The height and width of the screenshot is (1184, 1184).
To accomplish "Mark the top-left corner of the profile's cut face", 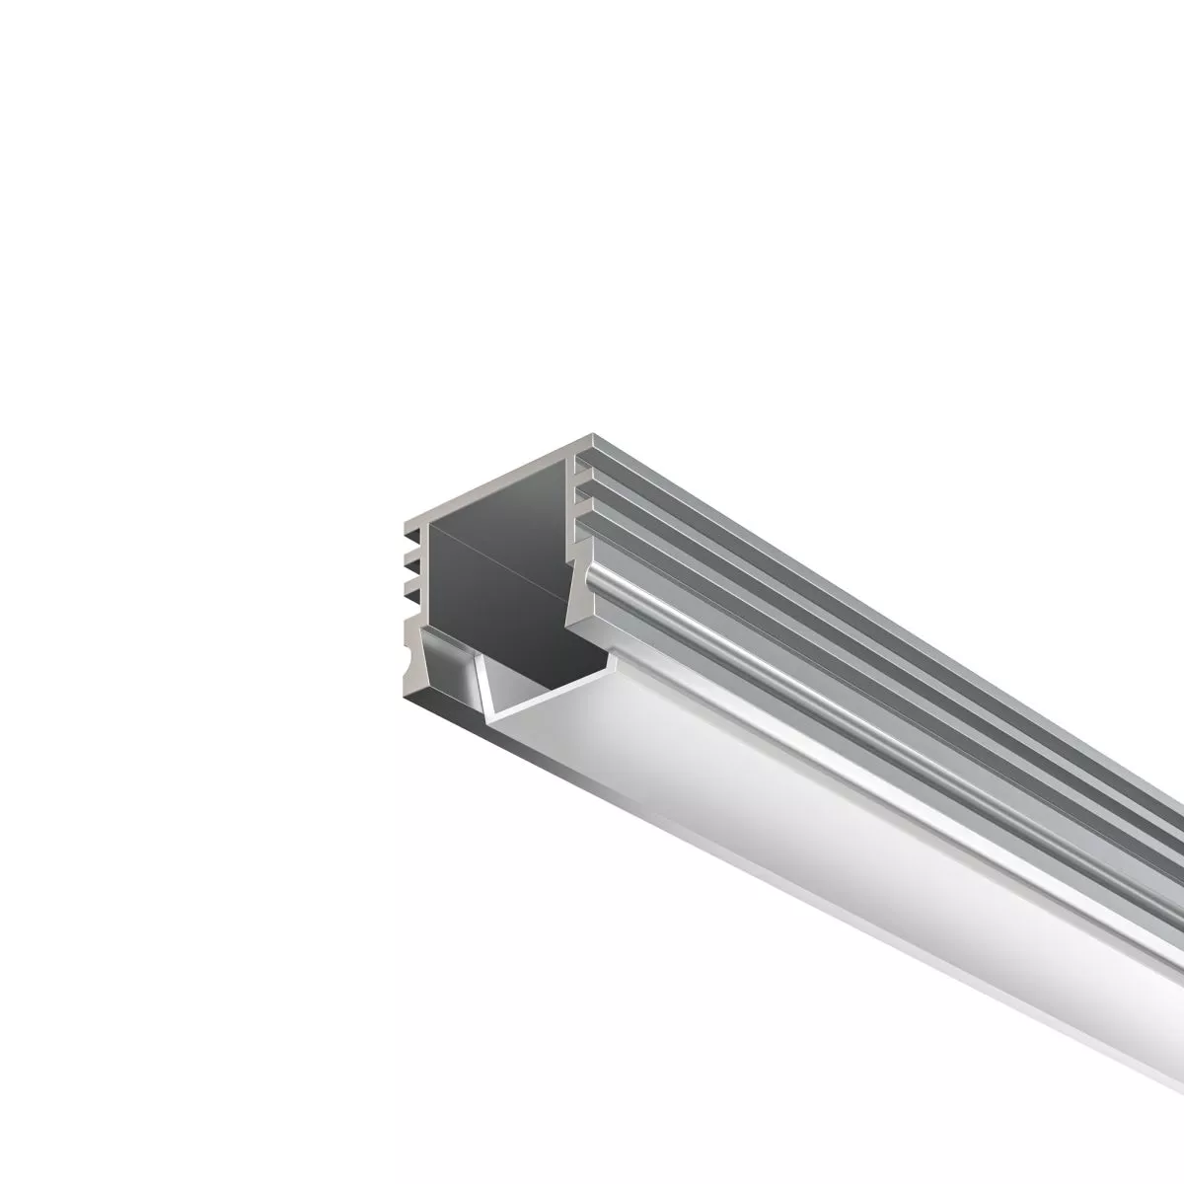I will pyautogui.click(x=407, y=519).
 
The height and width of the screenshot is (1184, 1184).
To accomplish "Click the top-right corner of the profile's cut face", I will pyautogui.click(x=595, y=437).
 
